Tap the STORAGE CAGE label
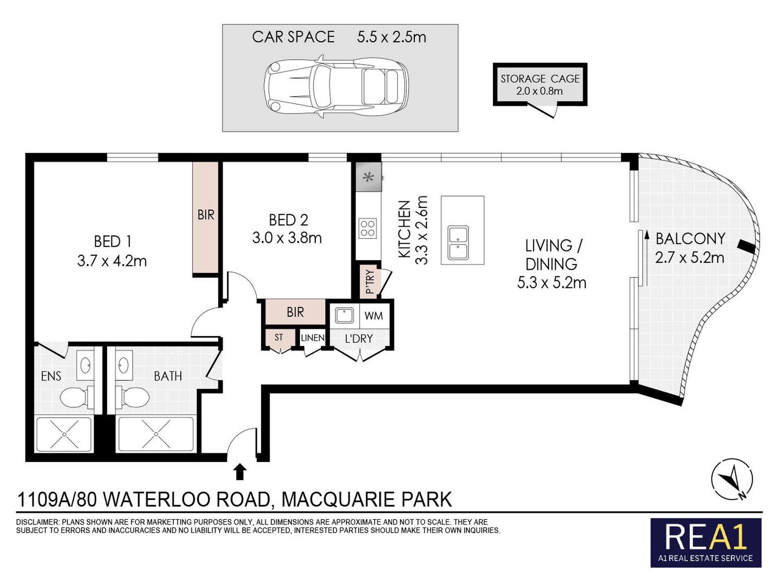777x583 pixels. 540,79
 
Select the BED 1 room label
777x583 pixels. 112,241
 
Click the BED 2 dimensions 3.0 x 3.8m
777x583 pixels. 287,238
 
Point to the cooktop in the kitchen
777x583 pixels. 368,228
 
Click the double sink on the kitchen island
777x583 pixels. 458,243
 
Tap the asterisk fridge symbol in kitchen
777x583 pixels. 368,177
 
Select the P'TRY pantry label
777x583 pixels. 370,281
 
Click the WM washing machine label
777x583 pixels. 374,316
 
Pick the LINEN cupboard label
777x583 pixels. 313,338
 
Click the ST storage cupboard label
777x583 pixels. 278,338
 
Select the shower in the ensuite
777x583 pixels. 64,434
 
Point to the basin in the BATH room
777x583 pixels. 124,364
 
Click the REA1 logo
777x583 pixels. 706,543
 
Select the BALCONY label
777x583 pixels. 690,239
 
